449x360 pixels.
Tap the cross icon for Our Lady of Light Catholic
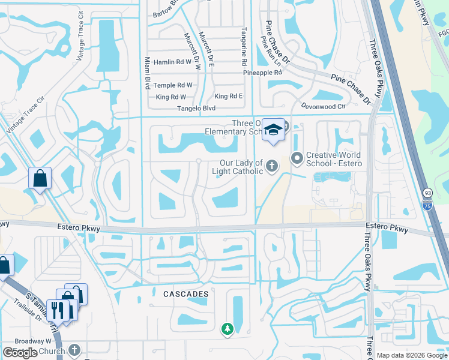point(272,166)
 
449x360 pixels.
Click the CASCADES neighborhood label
point(186,294)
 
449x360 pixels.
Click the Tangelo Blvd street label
point(196,109)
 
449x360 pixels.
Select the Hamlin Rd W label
point(172,61)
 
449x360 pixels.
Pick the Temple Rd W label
point(173,85)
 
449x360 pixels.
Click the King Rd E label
point(229,97)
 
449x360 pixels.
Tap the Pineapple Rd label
point(262,73)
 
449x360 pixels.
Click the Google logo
point(20,353)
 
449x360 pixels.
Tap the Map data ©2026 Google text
point(411,355)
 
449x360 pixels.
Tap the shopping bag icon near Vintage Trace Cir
point(40,178)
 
